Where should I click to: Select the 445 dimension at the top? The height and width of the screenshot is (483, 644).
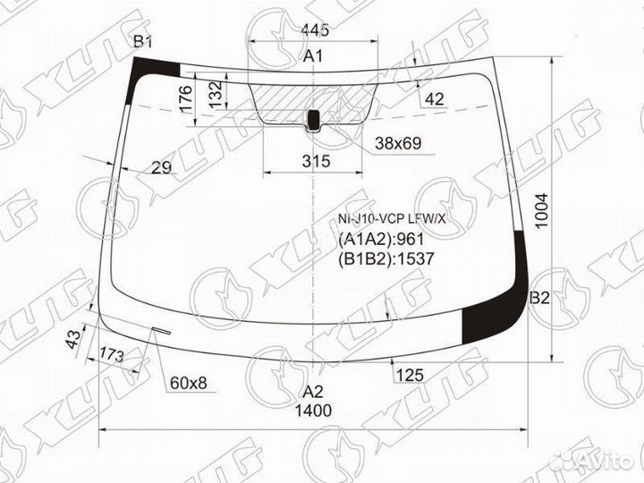pos(315,30)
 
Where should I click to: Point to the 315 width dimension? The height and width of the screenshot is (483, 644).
pos(315,162)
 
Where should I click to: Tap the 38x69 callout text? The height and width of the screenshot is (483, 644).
pos(398,143)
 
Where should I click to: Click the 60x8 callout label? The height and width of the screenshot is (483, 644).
pos(188,384)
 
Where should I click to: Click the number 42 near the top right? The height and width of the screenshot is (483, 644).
pos(435,99)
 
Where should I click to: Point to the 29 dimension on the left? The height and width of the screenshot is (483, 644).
pos(162,167)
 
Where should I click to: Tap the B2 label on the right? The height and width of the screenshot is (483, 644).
pos(538,299)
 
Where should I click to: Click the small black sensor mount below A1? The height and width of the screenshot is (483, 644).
pos(314,119)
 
